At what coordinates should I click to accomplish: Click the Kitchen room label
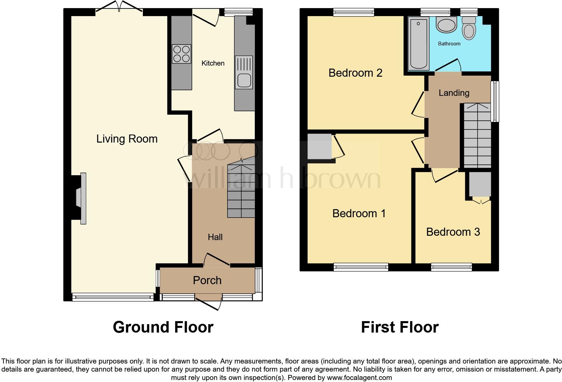coord(213,63)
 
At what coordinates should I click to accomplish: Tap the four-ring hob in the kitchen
coord(182,54)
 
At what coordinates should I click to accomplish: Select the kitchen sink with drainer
coord(244,72)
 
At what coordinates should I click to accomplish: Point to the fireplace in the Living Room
coord(81,198)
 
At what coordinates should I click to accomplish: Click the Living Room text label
coord(127,139)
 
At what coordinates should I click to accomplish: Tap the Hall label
coord(215,237)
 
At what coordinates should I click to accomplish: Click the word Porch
coord(207,280)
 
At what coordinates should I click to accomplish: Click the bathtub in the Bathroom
coord(418,44)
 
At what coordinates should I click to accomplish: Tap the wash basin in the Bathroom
coord(446,25)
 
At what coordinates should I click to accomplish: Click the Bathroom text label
coord(449,44)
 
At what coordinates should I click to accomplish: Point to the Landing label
coord(454,93)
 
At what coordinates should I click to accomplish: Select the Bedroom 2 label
coord(355,73)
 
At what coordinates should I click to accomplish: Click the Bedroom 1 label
coord(359,214)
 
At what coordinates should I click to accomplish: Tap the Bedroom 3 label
coord(453,232)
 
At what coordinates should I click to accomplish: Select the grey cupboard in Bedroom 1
coord(319,147)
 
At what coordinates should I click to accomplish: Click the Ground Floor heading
coord(163,327)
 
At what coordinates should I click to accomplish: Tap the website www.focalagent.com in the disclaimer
coord(359,378)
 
